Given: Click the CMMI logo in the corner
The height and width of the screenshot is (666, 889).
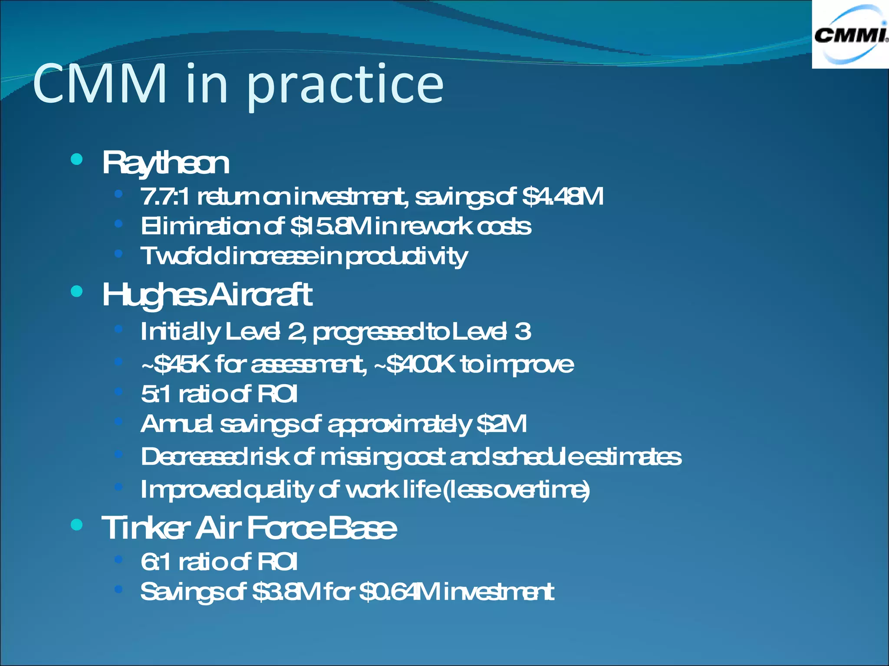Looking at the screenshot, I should click(x=850, y=35).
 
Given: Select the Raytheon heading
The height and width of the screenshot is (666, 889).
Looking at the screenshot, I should click(x=165, y=163).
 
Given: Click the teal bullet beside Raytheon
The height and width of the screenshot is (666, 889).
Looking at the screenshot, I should click(x=76, y=160).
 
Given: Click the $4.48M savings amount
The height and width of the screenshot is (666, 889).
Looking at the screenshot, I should click(x=563, y=197).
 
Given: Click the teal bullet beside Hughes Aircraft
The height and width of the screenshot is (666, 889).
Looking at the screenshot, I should click(x=76, y=291).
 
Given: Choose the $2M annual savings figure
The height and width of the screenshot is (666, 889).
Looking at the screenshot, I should click(x=501, y=424).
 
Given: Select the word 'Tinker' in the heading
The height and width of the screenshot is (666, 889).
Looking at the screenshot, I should click(x=146, y=529).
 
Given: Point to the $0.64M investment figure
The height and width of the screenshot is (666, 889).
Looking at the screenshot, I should click(x=399, y=592).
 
